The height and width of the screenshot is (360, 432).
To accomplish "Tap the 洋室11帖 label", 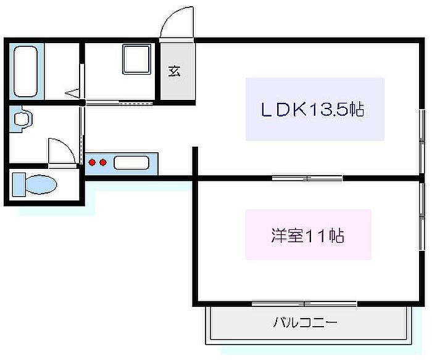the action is coord(307,235).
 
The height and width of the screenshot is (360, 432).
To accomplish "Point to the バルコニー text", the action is coord(305,322).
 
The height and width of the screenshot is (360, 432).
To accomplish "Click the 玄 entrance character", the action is coord(175,71).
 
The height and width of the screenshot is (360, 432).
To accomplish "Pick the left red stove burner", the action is coord(93,163).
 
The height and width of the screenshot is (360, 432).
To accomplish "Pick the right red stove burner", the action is coord(104,163).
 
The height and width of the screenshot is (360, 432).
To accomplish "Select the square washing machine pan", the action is coord(137,60).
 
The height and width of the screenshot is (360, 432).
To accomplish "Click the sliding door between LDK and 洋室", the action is coord(307,178).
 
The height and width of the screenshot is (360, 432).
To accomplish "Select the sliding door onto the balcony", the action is coord(304,303).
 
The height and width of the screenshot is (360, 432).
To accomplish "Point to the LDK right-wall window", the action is coord(422,139).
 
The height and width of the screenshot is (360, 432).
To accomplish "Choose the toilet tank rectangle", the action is coord(17,184).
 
